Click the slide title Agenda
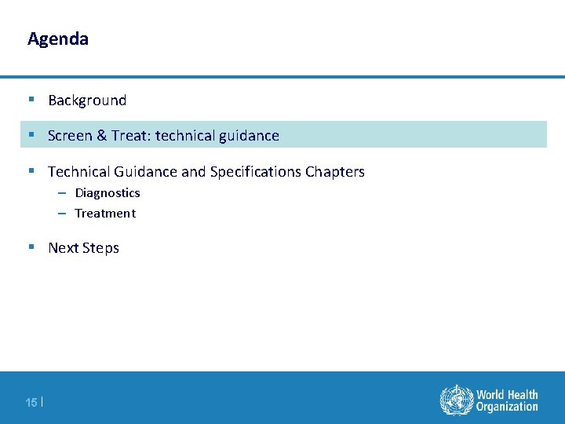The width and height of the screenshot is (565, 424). [58, 38]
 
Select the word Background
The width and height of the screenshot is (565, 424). [87, 101]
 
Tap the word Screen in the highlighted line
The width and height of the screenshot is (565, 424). [70, 136]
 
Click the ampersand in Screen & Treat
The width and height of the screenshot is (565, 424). [101, 136]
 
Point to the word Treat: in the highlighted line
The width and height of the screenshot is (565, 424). [131, 136]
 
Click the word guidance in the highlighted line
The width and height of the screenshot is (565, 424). [247, 136]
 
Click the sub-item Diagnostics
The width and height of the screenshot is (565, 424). [108, 193]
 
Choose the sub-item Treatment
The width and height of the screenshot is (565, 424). [105, 214]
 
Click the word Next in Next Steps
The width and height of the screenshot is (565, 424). [64, 248]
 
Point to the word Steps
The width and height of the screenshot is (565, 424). [101, 248]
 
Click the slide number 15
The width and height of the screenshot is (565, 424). [31, 403]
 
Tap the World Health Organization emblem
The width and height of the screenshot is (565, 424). [455, 400]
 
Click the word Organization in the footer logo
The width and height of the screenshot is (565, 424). [507, 407]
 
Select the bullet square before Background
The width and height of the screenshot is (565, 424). [31, 100]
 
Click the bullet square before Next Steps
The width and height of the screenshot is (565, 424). [31, 247]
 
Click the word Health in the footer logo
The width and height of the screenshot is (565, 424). [522, 394]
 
